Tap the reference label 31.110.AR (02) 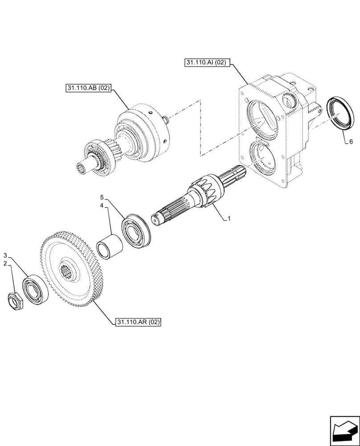pos(138,322)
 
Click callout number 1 pos(229,219)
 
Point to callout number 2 pos(6,264)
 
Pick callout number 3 pos(6,255)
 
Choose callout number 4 pos(102,206)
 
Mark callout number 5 pos(102,197)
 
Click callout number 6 pos(351,141)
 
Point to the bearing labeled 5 pos(138,230)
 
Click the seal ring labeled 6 pos(341,114)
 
